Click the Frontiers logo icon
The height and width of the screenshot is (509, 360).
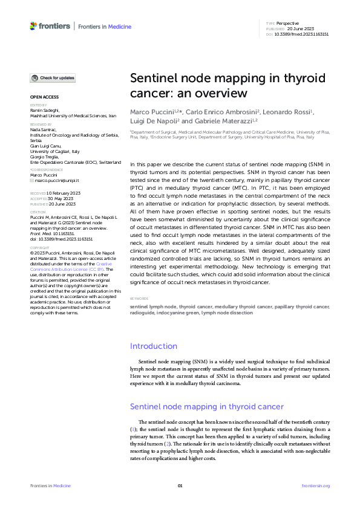coord(33,26)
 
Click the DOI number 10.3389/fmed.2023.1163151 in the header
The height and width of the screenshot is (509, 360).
coord(302,34)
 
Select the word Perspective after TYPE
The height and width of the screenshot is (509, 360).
coord(288,23)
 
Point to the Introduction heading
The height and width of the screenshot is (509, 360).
coord(154,346)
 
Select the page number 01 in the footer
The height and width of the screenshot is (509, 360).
coord(180,486)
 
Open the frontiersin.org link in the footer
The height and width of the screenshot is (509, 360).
coord(315,486)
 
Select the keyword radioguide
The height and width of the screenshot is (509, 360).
coord(145,313)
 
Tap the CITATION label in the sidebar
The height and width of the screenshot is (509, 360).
coord(38,212)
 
